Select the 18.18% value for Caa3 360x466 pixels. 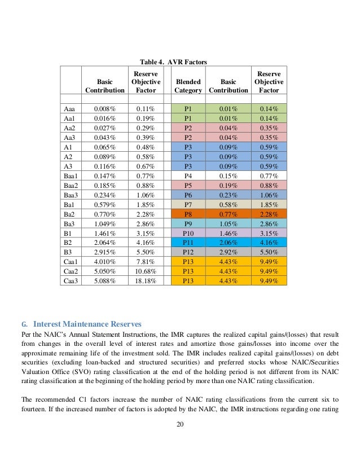point(146,280)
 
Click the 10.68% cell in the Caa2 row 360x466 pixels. point(146,271)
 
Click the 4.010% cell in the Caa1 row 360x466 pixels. point(105,261)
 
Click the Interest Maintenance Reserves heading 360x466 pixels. point(89,324)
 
